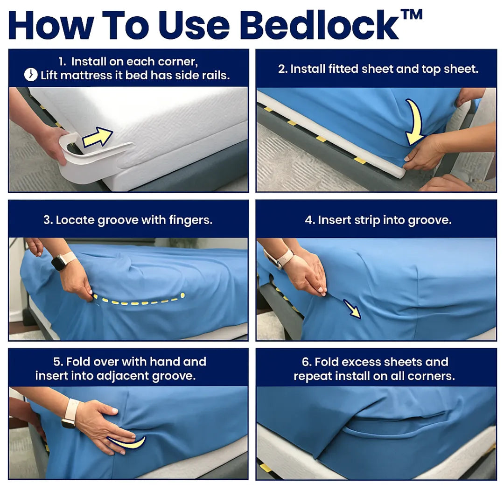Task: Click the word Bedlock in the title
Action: tap(320, 25)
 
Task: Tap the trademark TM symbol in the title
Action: tap(412, 14)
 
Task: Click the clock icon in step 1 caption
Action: tap(31, 75)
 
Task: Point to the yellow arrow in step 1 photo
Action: tap(98, 137)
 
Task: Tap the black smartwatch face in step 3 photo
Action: tap(58, 262)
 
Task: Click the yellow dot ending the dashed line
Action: tap(182, 295)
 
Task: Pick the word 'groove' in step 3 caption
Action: tap(118, 220)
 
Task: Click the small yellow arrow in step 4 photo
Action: tap(352, 309)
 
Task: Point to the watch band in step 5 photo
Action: tap(70, 413)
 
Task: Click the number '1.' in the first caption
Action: tap(62, 62)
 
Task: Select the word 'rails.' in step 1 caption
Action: tap(216, 75)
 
